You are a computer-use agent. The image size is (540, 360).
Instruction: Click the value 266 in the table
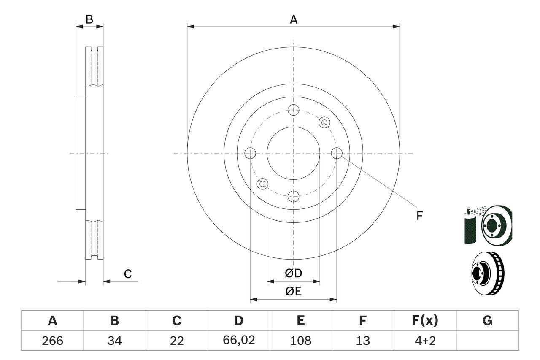pyautogui.click(x=52, y=340)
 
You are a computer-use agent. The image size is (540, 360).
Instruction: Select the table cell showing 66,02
pyautogui.click(x=238, y=340)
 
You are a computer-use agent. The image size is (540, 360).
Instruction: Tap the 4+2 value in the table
pyautogui.click(x=425, y=340)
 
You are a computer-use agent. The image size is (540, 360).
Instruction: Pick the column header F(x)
pyautogui.click(x=425, y=321)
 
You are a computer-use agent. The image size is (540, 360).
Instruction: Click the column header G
pyautogui.click(x=487, y=321)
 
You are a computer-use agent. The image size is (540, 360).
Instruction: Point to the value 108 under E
pyautogui.click(x=300, y=340)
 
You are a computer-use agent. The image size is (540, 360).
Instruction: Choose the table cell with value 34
pyautogui.click(x=114, y=340)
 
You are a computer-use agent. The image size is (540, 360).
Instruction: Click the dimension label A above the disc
pyautogui.click(x=294, y=19)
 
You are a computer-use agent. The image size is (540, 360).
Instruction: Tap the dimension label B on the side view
pyautogui.click(x=89, y=19)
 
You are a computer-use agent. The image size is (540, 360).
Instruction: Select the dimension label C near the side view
pyautogui.click(x=128, y=274)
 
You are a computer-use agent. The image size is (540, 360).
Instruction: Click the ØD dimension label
pyautogui.click(x=294, y=273)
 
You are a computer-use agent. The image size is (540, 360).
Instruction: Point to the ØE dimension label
pyautogui.click(x=294, y=292)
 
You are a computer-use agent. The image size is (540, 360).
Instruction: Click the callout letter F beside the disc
pyautogui.click(x=419, y=216)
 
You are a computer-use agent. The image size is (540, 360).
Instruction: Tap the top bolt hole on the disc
pyautogui.click(x=293, y=111)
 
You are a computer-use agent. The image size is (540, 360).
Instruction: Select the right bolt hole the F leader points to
pyautogui.click(x=337, y=153)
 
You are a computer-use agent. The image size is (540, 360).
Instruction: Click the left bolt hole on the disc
pyautogui.click(x=250, y=153)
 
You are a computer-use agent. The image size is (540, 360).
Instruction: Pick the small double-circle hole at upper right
pyautogui.click(x=324, y=122)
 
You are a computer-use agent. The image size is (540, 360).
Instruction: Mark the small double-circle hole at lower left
pyautogui.click(x=263, y=184)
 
